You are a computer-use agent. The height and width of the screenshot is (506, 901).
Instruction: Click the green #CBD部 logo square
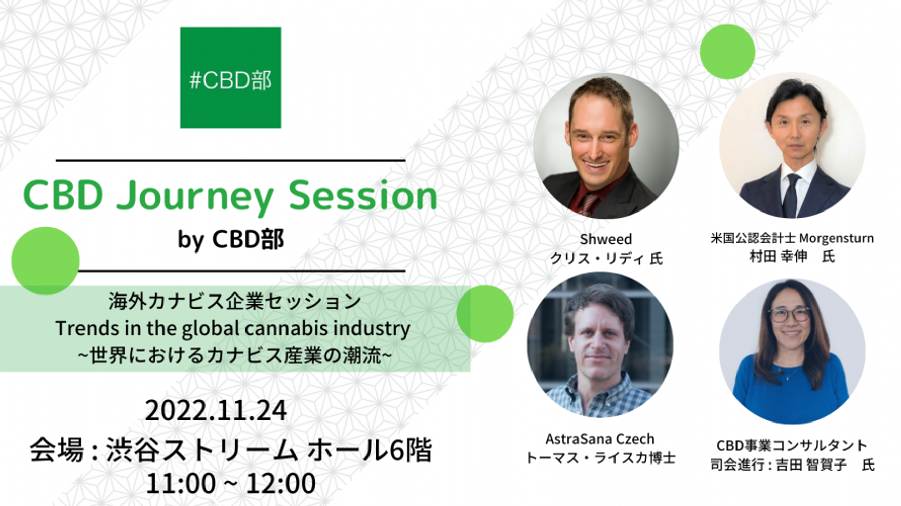point(231,77)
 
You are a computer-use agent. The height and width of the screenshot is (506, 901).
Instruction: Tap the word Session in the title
point(362,196)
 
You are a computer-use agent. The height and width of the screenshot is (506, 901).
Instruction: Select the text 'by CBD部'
point(231,240)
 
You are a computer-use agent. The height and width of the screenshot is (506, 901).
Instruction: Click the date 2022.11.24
point(216,410)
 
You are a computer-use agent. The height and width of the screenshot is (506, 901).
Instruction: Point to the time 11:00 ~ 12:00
point(231,483)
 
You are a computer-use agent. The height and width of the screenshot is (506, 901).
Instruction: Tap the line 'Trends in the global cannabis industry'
point(233,329)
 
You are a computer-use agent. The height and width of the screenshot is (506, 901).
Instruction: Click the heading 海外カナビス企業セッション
point(235,302)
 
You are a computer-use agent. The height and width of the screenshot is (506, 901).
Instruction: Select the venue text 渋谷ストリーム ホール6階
point(269,450)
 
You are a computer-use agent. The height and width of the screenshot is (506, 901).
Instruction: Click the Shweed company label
point(606,239)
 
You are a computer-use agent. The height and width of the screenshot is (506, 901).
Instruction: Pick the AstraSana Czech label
point(600,439)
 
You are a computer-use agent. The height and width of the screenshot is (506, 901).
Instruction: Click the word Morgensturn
point(837,238)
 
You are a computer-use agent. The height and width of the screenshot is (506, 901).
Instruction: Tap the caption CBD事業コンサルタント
point(792,446)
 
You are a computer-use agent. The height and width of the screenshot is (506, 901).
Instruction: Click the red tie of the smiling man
point(589,203)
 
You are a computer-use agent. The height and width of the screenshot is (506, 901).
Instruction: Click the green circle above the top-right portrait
point(727,52)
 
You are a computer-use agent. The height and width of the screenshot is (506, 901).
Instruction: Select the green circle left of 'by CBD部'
point(46,261)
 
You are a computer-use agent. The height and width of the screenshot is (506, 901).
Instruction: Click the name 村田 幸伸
point(779,257)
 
